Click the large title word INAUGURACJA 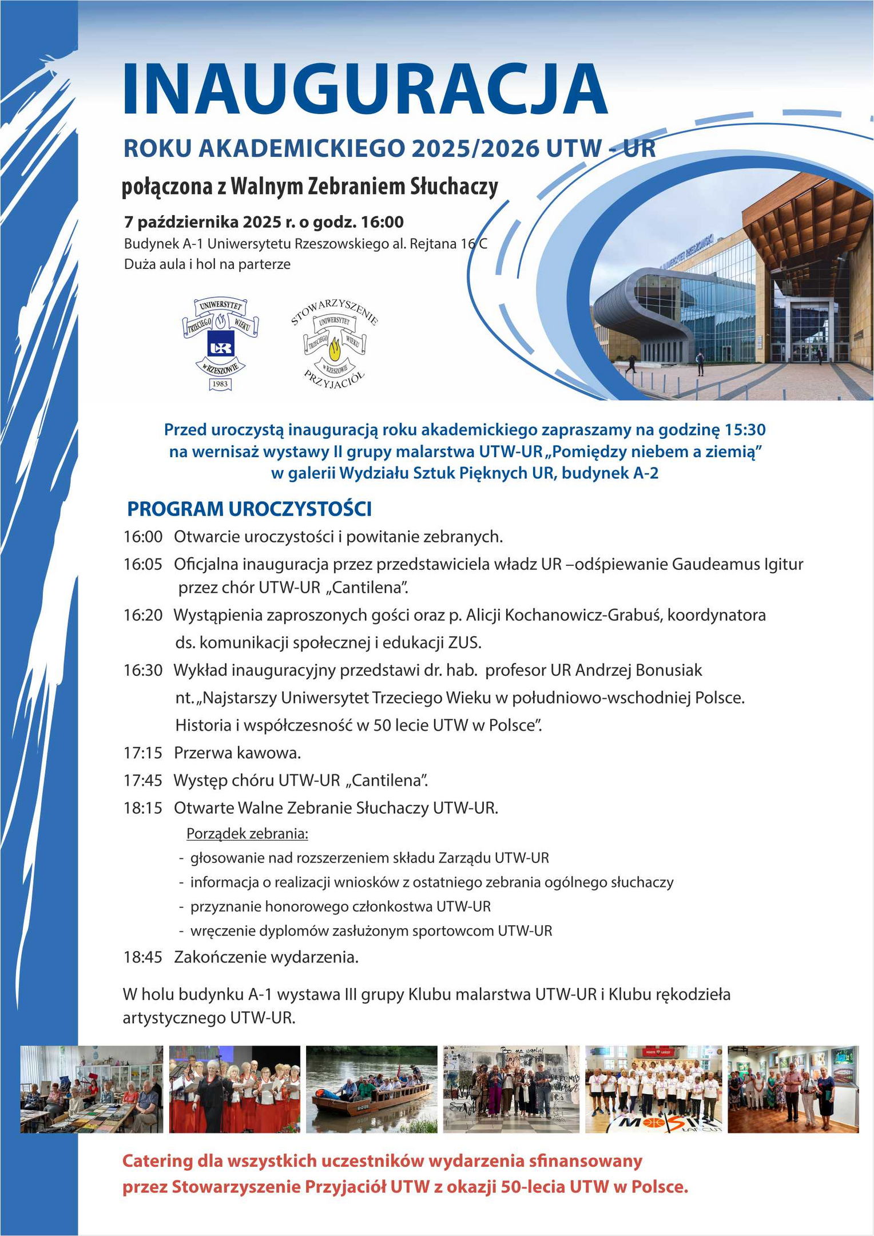(x=364, y=89)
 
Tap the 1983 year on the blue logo (x=220, y=384)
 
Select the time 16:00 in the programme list (x=143, y=537)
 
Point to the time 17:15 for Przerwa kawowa (x=143, y=752)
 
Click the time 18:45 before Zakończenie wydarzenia (x=143, y=957)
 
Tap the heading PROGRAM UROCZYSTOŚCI (x=249, y=509)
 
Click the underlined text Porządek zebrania (x=247, y=834)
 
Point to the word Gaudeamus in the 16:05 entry (x=716, y=564)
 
